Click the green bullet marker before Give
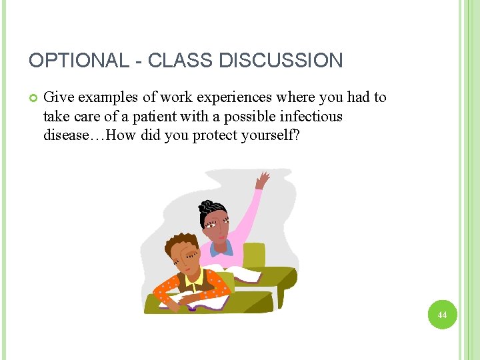33,98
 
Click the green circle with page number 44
442,314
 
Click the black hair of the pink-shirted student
212,212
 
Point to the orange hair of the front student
179,243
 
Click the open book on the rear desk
245,275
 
